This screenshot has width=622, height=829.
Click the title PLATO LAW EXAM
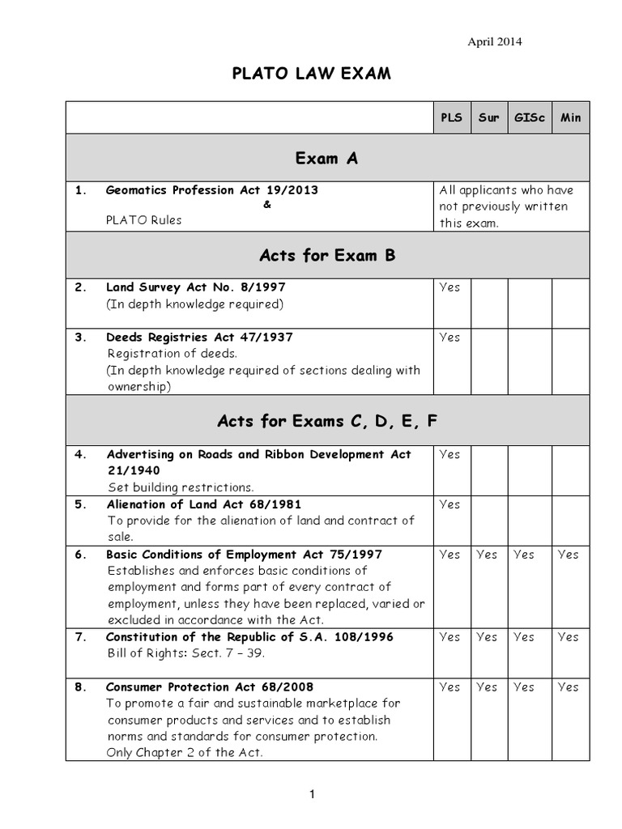click(x=312, y=75)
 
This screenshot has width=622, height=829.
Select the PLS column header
click(x=451, y=117)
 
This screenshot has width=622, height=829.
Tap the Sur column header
click(x=488, y=117)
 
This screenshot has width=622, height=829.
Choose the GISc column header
click(x=530, y=117)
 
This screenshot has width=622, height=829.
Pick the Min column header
click(x=570, y=117)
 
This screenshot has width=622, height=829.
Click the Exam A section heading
click(x=326, y=159)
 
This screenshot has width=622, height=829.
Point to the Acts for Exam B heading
click(x=326, y=256)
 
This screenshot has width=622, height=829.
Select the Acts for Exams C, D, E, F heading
click(x=326, y=421)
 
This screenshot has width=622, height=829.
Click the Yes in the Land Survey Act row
click(x=449, y=287)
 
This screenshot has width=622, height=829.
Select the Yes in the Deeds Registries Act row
click(x=449, y=338)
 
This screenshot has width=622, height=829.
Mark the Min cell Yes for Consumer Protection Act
click(x=569, y=687)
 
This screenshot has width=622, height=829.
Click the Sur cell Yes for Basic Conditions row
click(x=487, y=555)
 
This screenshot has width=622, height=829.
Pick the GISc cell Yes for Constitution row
click(x=524, y=637)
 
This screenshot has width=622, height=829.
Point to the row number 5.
click(x=80, y=504)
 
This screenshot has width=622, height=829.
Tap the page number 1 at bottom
click(x=312, y=796)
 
